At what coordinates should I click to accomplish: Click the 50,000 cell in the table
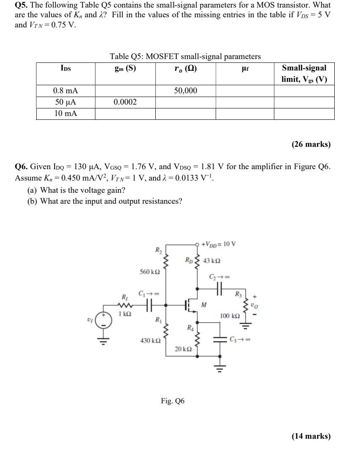pyautogui.click(x=185, y=90)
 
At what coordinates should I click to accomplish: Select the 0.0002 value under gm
pyautogui.click(x=125, y=102)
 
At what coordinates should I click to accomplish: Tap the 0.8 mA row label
pyautogui.click(x=65, y=90)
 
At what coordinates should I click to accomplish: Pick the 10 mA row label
pyautogui.click(x=65, y=113)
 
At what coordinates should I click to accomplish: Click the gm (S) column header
pyautogui.click(x=125, y=68)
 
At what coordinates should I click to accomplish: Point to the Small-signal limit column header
pyautogui.click(x=304, y=73)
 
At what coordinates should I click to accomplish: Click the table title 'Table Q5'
pyautogui.click(x=185, y=56)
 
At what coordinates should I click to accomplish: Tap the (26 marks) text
pyautogui.click(x=311, y=144)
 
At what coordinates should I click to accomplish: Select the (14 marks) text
pyautogui.click(x=311, y=436)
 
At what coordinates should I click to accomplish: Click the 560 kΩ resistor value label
pyautogui.click(x=150, y=272)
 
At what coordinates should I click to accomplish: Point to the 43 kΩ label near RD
pyautogui.click(x=211, y=260)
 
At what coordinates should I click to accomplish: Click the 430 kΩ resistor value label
pyautogui.click(x=150, y=340)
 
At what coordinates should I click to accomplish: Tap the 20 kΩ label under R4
pyautogui.click(x=183, y=349)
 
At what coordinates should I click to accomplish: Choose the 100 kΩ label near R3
pyautogui.click(x=230, y=315)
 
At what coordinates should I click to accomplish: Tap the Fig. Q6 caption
pyautogui.click(x=173, y=401)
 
